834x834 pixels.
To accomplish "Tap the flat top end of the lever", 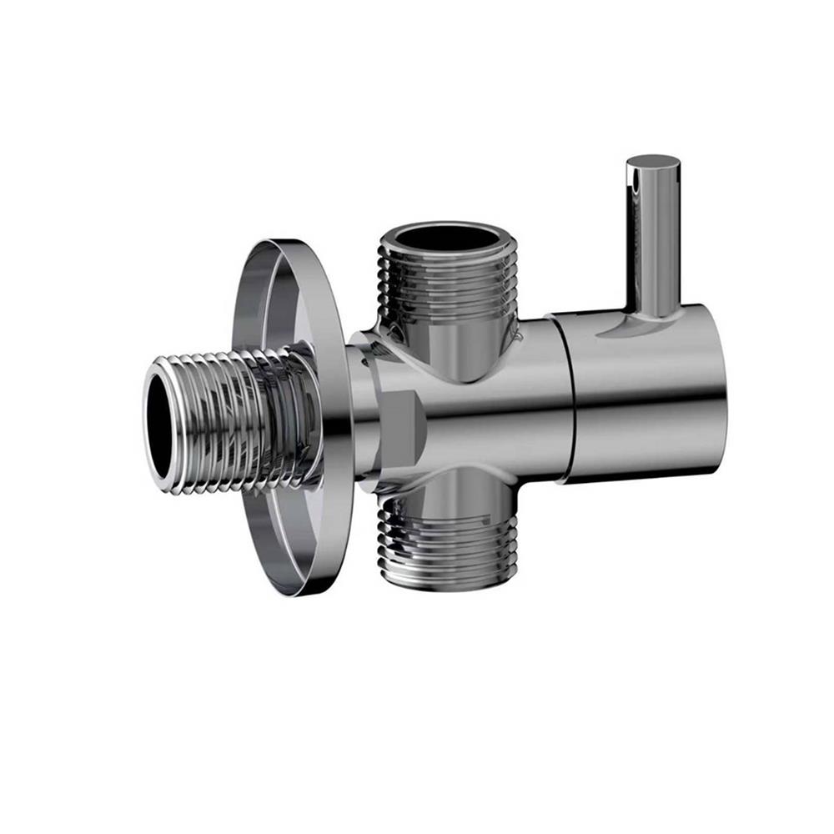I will pyautogui.click(x=653, y=162).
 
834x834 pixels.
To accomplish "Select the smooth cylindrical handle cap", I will pyautogui.click(x=642, y=392).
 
